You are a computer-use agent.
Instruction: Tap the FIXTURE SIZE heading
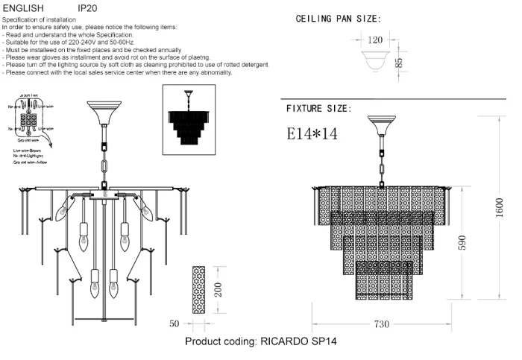point(318,109)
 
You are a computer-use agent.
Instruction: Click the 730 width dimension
point(382,325)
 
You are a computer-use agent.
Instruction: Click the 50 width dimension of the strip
point(175,324)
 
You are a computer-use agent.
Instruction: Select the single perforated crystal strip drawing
point(198,290)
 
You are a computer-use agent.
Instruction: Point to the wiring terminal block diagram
point(32,121)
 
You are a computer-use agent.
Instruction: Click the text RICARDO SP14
point(298,342)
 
